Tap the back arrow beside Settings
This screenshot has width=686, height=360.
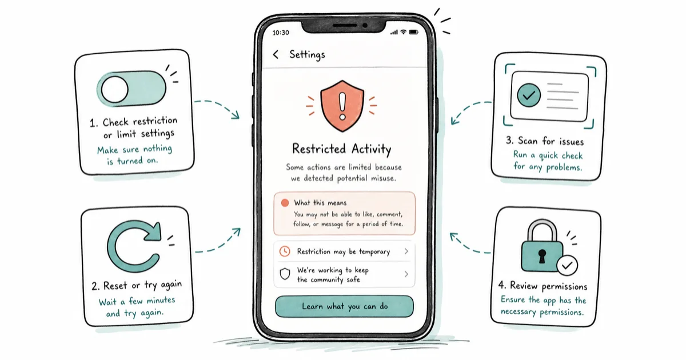tap(276, 54)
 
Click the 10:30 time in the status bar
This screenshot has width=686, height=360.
tap(281, 33)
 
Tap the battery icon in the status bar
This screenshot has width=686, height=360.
tap(414, 32)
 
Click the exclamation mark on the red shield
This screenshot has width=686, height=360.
tap(342, 106)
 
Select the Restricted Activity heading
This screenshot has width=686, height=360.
tap(341, 149)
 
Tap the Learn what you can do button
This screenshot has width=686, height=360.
tap(344, 306)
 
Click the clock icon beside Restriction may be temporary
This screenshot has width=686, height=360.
tap(285, 251)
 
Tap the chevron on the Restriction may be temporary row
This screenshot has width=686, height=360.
tap(406, 251)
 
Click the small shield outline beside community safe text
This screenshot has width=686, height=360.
tap(285, 274)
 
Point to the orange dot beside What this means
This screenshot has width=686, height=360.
tap(285, 203)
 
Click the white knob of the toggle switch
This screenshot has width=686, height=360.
tap(114, 89)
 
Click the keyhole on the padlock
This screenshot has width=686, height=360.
tap(542, 256)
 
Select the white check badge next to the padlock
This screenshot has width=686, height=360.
tap(567, 265)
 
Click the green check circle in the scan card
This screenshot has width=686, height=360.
tap(529, 95)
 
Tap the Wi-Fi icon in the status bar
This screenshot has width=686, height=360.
tap(404, 32)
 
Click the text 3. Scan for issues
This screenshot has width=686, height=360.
tap(545, 141)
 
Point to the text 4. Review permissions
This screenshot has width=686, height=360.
tap(543, 286)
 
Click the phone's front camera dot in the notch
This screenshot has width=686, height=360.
tap(365, 25)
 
